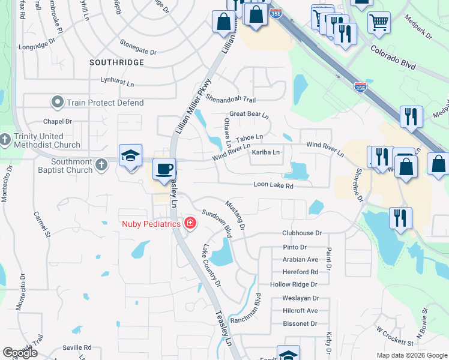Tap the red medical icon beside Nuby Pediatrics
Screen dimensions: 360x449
[x=190, y=224]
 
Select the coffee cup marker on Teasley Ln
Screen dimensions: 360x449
[x=164, y=169]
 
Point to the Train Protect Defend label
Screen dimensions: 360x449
[x=105, y=103]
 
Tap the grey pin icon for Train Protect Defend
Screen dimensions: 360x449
[x=58, y=103]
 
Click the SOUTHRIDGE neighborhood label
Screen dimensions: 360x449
[x=116, y=62]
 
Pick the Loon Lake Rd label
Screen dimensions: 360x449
[x=273, y=186]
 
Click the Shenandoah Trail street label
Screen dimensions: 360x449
[x=231, y=99]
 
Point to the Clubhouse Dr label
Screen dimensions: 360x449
[x=302, y=233]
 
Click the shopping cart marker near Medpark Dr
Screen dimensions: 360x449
[x=378, y=23]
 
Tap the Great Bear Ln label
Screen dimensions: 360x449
[x=249, y=114]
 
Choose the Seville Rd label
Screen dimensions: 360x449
[x=79, y=347]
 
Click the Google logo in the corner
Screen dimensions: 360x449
[x=20, y=353]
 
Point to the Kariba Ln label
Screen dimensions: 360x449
[x=266, y=152]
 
